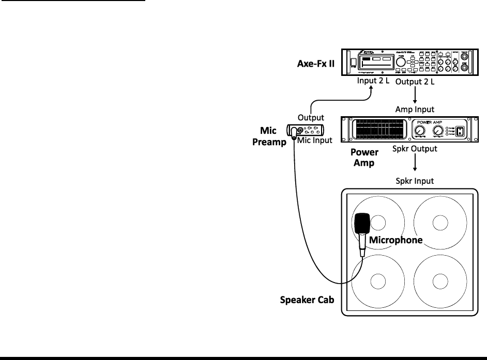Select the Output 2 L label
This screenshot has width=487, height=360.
click(x=416, y=82)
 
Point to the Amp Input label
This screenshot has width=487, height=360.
click(x=415, y=109)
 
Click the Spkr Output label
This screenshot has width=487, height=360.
click(x=415, y=148)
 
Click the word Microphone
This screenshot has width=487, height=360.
click(x=395, y=240)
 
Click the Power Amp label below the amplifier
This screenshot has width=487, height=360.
click(x=364, y=157)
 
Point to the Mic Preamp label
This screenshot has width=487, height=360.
click(x=272, y=136)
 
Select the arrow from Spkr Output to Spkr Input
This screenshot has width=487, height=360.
click(x=415, y=164)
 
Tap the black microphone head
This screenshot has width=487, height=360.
click(x=361, y=223)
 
